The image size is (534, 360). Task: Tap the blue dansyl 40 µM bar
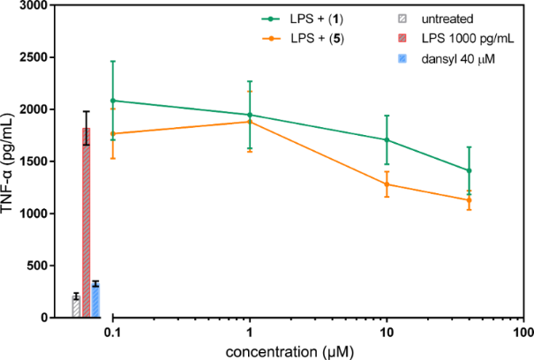point(95,301)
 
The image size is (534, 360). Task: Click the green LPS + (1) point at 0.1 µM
point(113,101)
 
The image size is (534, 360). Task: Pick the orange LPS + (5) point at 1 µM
point(250,122)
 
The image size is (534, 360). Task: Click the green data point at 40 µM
point(469,171)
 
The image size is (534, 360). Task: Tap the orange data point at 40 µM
point(469,200)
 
